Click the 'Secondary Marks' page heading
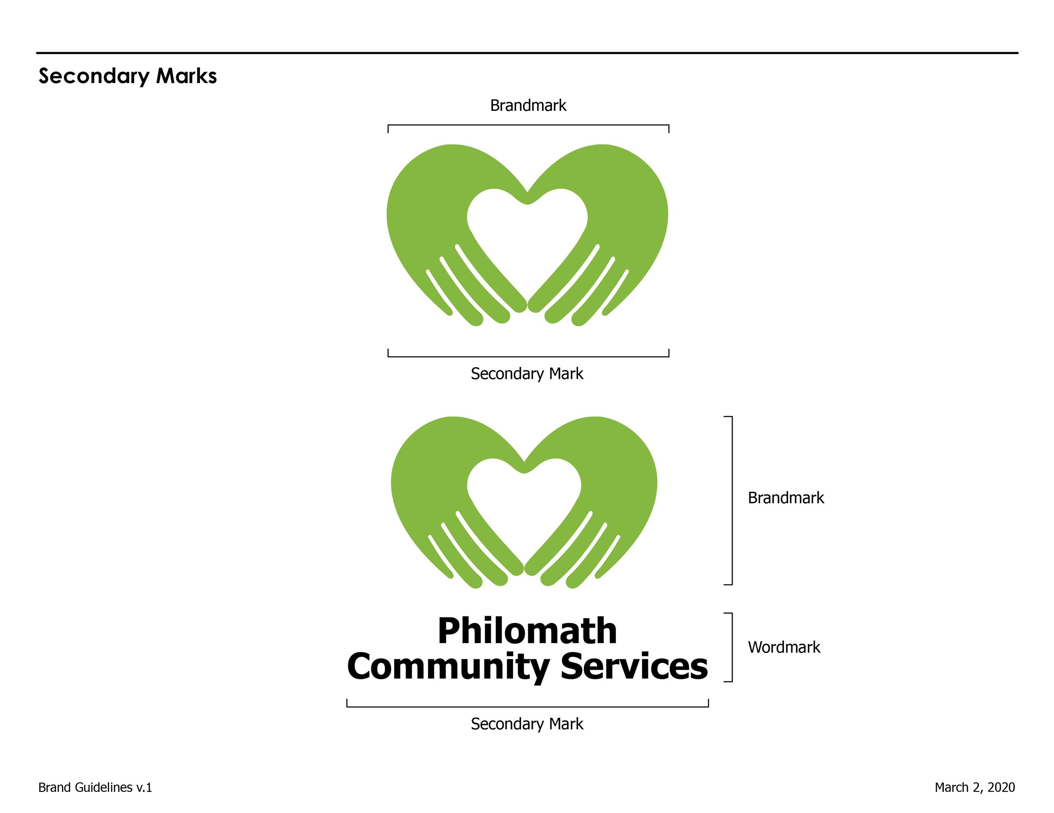[x=127, y=76]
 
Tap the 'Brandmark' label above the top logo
[x=528, y=105]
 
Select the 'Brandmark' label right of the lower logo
[x=786, y=497]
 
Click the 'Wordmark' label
[x=784, y=647]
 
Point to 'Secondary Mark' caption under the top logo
[x=527, y=373]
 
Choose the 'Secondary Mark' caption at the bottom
[x=527, y=724]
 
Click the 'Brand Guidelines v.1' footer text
[x=95, y=787]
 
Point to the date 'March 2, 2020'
[x=974, y=787]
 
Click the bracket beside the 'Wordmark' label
[x=731, y=647]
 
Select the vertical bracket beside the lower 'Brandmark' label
[x=731, y=500]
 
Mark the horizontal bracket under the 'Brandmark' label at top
[x=528, y=126]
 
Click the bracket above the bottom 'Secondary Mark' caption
[x=527, y=706]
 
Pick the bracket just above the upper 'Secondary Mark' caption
[x=528, y=357]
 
